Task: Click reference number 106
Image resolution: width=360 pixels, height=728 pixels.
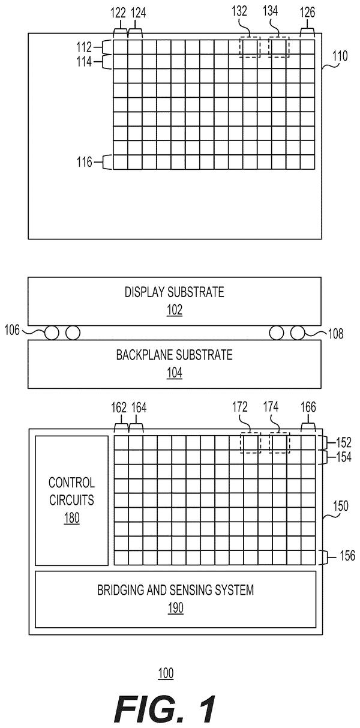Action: click(12, 330)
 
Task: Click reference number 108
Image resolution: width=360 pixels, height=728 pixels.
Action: click(335, 334)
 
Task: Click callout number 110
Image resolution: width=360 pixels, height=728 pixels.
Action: click(340, 56)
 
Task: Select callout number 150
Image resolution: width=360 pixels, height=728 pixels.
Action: click(341, 506)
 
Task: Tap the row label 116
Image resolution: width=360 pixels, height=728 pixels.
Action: click(85, 162)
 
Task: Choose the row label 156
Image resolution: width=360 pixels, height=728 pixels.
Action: click(347, 555)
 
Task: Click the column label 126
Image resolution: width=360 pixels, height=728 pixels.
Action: click(307, 13)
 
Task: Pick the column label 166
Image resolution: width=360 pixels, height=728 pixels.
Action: click(308, 408)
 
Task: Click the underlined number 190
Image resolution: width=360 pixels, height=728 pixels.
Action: click(175, 608)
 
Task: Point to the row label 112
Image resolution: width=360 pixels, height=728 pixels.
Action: click(84, 47)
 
